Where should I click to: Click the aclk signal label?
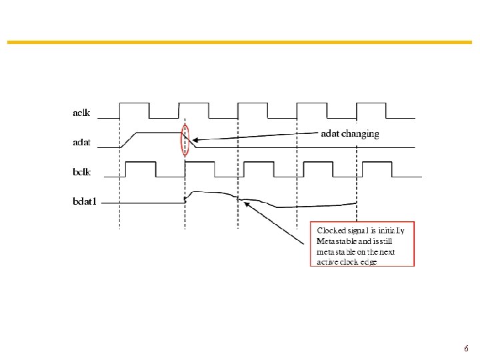81,112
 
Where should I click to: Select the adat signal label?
81,142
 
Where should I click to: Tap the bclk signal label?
81,171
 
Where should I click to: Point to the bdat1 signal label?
85,201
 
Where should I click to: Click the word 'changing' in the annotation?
361,134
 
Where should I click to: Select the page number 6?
466,349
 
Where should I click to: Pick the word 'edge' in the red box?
367,262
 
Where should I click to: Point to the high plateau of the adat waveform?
159,133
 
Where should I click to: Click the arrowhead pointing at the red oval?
194,140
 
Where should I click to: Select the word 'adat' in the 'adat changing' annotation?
331,134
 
